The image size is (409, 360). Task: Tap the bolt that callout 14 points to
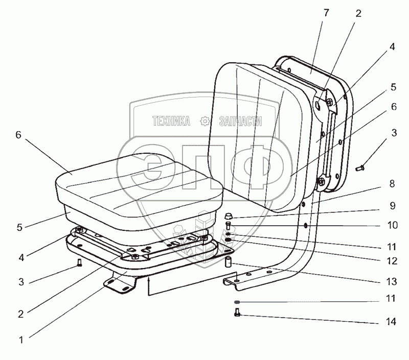click(x=237, y=313)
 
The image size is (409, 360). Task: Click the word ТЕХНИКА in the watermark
click(x=171, y=121)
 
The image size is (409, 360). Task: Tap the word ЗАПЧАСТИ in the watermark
click(x=240, y=121)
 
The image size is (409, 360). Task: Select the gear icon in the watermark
click(x=204, y=121)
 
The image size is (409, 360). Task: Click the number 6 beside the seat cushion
click(x=18, y=135)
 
